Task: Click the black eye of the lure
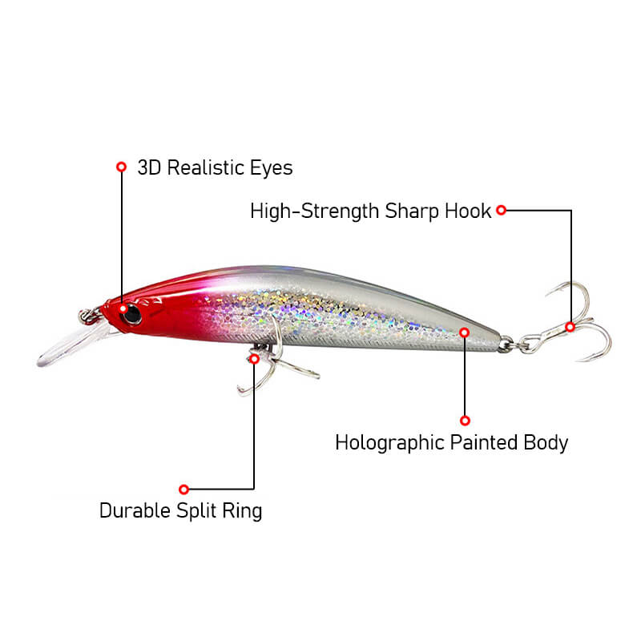[x=132, y=314]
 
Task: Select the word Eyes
[x=272, y=168]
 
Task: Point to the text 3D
[x=149, y=167]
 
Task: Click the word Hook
[x=468, y=212]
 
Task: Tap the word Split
[x=196, y=511]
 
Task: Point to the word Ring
[x=242, y=511]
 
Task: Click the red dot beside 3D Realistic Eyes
[x=122, y=167]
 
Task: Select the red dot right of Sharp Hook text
[x=502, y=210]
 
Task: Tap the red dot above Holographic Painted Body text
[x=465, y=421]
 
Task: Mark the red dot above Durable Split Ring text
[x=184, y=489]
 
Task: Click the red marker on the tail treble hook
[x=570, y=327]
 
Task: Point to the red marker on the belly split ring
[x=254, y=359]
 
